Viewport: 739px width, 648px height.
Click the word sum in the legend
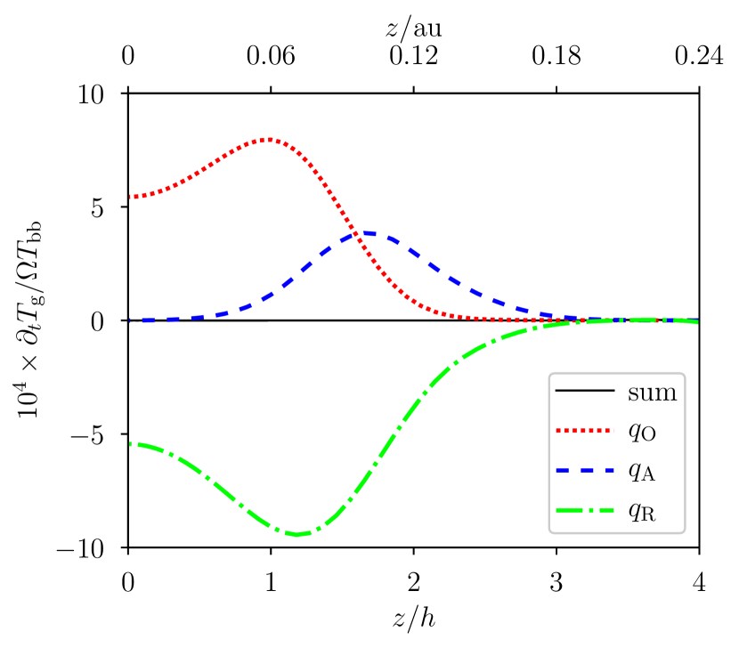[652, 393]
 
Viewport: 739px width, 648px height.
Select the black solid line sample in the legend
[584, 391]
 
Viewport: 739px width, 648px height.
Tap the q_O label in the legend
[642, 432]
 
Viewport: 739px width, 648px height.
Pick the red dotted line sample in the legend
[584, 431]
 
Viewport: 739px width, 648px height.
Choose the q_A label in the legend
[642, 472]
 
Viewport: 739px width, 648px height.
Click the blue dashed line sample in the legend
[584, 470]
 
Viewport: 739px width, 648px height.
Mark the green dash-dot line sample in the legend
[584, 510]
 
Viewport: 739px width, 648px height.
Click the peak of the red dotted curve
[270, 139]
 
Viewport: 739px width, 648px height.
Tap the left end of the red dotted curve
[131, 197]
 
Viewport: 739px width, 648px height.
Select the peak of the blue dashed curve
[369, 233]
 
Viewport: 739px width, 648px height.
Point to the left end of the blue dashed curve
[131, 320]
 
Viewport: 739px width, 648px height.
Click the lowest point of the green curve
[297, 534]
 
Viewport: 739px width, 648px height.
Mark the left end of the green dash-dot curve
[131, 443]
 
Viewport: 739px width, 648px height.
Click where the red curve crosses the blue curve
[359, 235]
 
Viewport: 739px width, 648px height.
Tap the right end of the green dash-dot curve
[697, 321]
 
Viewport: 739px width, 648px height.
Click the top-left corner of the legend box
[549, 373]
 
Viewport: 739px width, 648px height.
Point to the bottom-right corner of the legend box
[685, 533]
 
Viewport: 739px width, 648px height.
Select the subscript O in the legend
[649, 436]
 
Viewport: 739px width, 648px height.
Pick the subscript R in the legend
[649, 515]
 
